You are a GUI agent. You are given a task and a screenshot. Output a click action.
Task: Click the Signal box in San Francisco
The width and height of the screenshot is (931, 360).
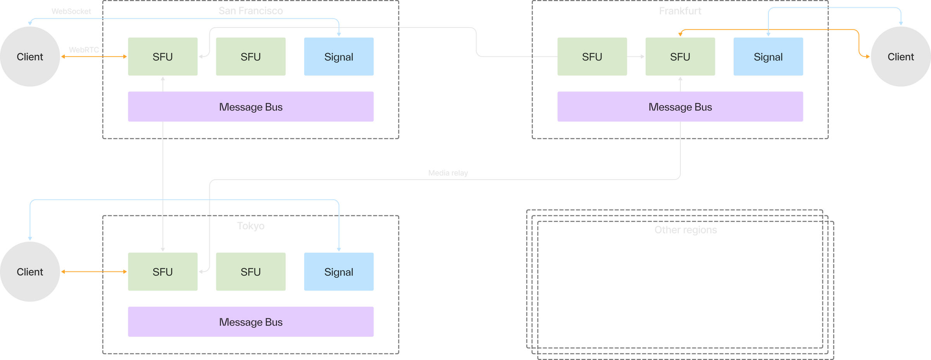pyautogui.click(x=339, y=57)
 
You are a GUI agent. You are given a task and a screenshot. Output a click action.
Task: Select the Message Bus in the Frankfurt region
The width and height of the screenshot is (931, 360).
pyautogui.click(x=680, y=107)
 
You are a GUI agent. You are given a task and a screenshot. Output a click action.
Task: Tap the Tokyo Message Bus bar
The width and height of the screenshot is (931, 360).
pyautogui.click(x=251, y=322)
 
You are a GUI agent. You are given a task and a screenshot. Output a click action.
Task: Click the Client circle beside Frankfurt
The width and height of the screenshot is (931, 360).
pyautogui.click(x=900, y=57)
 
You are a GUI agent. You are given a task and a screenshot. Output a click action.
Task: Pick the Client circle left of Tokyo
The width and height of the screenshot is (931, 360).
pyautogui.click(x=30, y=272)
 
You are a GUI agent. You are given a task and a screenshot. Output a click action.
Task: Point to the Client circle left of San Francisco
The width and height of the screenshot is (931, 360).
pyautogui.click(x=30, y=57)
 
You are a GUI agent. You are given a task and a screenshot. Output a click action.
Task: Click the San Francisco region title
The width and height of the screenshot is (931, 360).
pyautogui.click(x=251, y=11)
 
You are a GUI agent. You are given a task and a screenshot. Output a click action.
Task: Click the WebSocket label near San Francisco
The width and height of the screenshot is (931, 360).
pyautogui.click(x=71, y=11)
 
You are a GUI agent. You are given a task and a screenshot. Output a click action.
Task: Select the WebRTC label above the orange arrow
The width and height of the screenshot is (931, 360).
pyautogui.click(x=84, y=50)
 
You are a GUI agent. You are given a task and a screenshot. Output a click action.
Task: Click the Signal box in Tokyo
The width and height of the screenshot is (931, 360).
pyautogui.click(x=339, y=272)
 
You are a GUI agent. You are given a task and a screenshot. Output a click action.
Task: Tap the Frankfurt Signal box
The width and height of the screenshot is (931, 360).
pyautogui.click(x=768, y=57)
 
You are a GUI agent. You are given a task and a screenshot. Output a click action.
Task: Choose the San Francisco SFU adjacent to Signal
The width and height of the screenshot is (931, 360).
pyautogui.click(x=251, y=57)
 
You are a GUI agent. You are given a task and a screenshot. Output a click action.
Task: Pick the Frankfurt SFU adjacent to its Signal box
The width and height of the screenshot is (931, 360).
pyautogui.click(x=680, y=57)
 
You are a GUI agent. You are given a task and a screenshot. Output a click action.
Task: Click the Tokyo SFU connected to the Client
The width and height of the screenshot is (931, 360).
pyautogui.click(x=163, y=272)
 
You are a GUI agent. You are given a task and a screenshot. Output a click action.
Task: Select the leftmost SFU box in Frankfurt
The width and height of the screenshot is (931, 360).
pyautogui.click(x=592, y=57)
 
